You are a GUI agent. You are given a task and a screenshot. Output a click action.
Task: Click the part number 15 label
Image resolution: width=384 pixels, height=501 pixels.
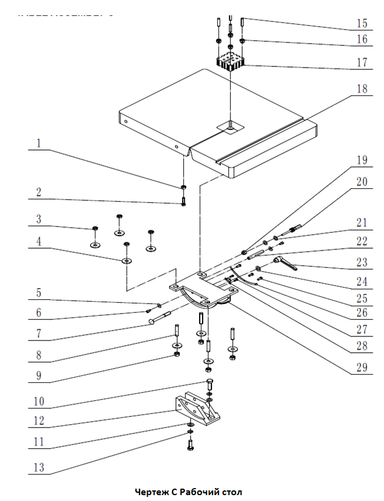pyautogui.click(x=362, y=24)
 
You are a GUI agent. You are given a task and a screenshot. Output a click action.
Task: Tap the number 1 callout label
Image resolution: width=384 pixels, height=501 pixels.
pyautogui.click(x=38, y=143)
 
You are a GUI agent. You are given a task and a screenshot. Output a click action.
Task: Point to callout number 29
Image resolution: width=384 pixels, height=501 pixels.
pyautogui.click(x=362, y=368)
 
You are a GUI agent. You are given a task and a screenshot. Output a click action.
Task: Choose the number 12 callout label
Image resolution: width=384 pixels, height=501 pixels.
pyautogui.click(x=38, y=421)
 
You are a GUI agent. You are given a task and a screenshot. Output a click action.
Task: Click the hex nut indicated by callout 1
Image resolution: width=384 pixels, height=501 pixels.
pyautogui.click(x=184, y=188)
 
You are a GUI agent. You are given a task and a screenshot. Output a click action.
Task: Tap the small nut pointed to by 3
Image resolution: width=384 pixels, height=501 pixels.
pyautogui.click(x=94, y=228)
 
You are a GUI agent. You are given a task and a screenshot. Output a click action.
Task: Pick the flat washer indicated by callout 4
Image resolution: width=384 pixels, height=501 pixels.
pyautogui.click(x=126, y=259)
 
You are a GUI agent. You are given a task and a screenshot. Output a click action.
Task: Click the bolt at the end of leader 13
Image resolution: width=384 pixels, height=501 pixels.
pyautogui.click(x=190, y=445)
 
